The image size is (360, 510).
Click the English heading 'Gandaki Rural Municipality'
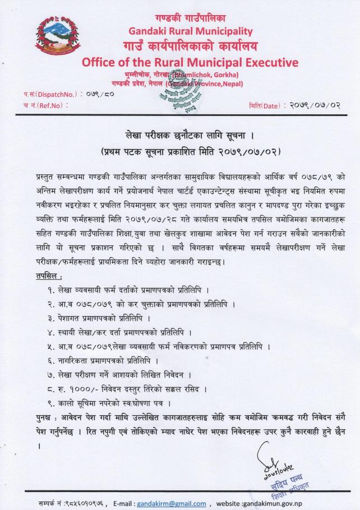[191, 31]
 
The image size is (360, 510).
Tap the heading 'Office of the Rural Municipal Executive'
[190, 62]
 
